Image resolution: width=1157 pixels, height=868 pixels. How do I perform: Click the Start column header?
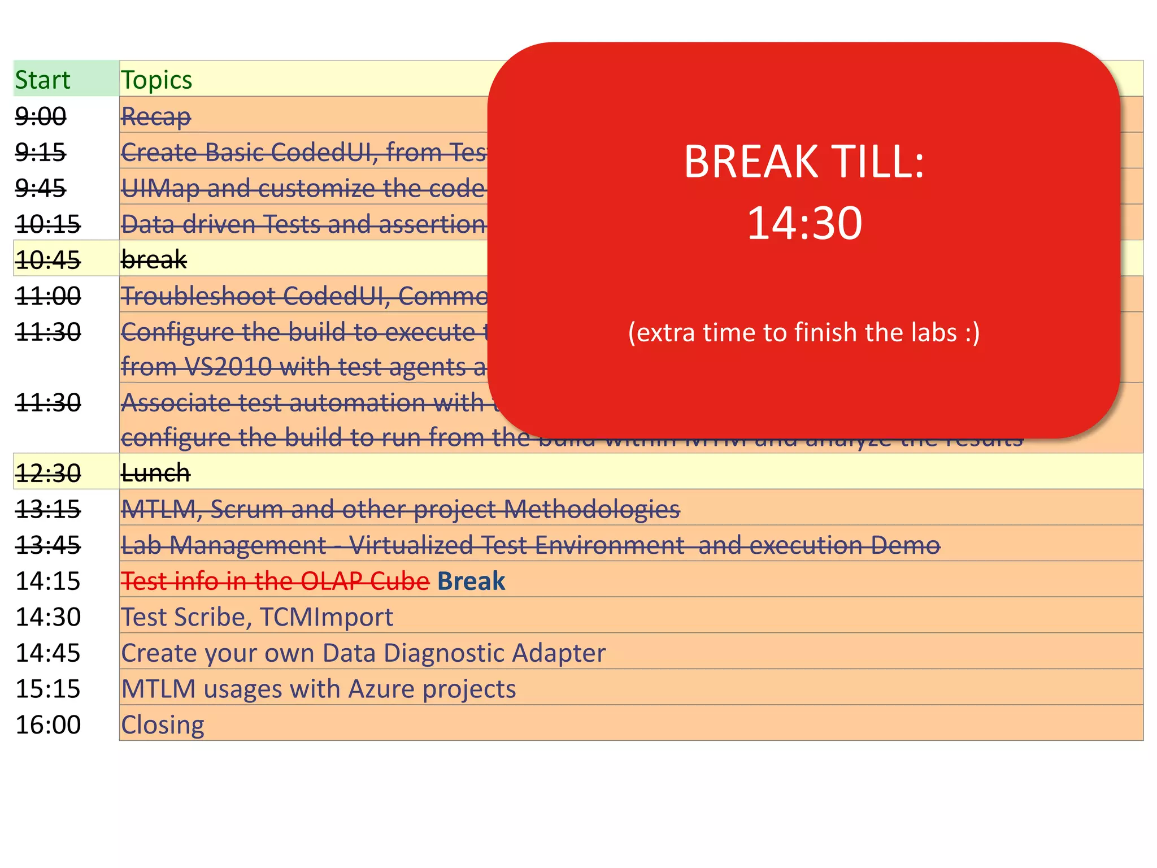point(42,80)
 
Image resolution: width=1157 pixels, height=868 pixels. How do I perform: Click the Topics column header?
point(156,80)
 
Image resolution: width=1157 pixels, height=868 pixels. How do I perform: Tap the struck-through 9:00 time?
point(40,116)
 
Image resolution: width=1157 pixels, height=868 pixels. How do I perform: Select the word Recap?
point(156,117)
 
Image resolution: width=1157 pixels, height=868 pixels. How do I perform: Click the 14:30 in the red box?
point(804,223)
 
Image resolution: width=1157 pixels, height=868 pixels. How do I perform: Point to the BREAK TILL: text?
point(804,162)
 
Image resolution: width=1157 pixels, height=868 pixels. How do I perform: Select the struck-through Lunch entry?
point(155,473)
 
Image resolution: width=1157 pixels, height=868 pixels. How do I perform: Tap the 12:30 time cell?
point(48,473)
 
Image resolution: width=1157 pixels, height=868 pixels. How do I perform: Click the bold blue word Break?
point(471,581)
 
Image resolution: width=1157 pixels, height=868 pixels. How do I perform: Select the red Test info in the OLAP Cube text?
point(275,581)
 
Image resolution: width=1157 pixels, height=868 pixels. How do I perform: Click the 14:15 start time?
point(48,581)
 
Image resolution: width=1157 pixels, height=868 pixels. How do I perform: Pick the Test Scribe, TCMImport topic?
point(257,617)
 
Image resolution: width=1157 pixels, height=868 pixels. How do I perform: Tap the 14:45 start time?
point(48,653)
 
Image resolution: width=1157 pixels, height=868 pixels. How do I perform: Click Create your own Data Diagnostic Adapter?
point(363,653)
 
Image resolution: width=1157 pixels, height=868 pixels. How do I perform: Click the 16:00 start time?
point(48,725)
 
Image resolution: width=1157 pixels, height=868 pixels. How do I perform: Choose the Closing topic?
point(163,725)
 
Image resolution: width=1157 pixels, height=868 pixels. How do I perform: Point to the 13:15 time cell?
point(48,509)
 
